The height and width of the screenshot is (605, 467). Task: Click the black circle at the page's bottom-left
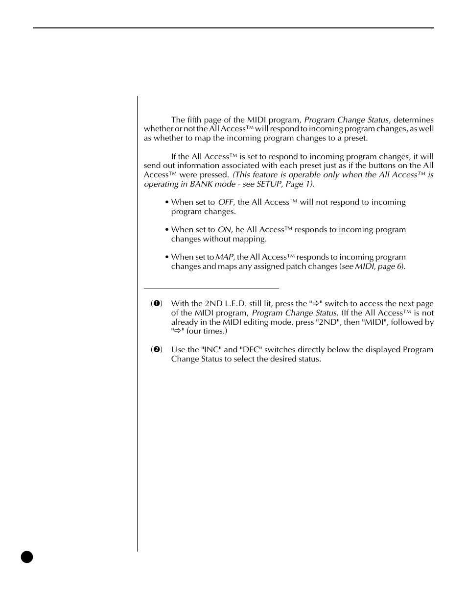[x=27, y=557]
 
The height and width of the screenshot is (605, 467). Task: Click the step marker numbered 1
[x=156, y=304]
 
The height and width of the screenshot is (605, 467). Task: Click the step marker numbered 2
[x=156, y=350]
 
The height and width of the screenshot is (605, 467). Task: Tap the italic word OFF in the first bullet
[x=226, y=202]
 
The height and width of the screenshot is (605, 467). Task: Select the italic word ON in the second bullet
[x=224, y=230]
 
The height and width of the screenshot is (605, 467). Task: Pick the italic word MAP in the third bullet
[x=224, y=257]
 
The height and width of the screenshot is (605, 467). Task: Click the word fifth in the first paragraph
[x=195, y=120]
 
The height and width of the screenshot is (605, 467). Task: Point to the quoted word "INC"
[x=211, y=350]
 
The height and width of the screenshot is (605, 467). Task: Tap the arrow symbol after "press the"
[x=316, y=304]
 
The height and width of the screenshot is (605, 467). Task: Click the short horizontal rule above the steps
[x=211, y=289]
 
